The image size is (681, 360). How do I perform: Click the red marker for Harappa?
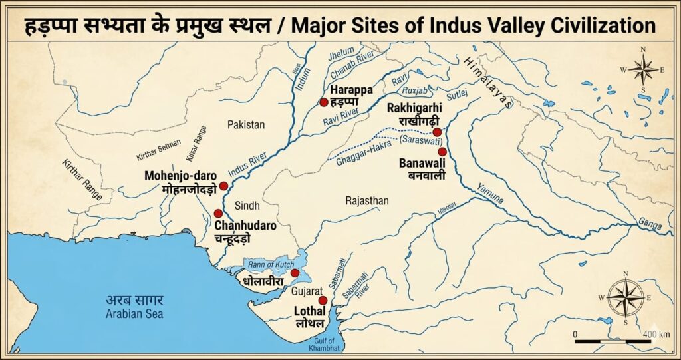tap(323, 102)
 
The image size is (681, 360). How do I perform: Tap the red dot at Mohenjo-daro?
tap(223, 186)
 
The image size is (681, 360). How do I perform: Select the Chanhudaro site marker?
tap(218, 214)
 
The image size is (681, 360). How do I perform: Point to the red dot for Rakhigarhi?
tap(437, 132)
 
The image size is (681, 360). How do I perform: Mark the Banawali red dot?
tap(442, 152)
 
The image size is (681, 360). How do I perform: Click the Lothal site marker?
tap(323, 301)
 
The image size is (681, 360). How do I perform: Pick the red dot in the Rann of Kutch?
tap(295, 273)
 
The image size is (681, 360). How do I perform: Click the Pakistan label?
tap(245, 124)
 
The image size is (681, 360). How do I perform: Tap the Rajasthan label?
tap(367, 200)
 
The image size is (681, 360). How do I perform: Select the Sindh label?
tap(248, 204)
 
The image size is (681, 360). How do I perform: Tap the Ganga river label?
tap(650, 222)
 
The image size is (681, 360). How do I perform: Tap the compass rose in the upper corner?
tap(643, 69)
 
